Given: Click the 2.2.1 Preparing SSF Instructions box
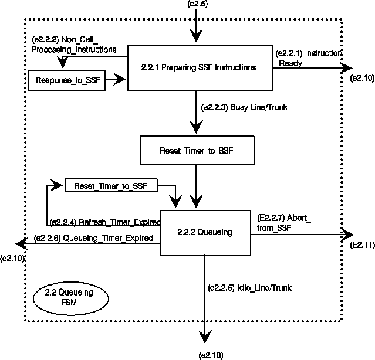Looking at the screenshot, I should (x=199, y=67).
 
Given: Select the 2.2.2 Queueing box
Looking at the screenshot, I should (x=205, y=233).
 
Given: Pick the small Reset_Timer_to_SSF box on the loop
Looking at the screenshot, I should (x=112, y=186).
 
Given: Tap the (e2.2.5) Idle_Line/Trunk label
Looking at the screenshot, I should (x=249, y=288).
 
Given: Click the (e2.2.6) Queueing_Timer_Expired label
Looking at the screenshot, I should (x=94, y=238).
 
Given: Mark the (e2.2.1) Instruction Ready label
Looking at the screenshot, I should (x=309, y=57).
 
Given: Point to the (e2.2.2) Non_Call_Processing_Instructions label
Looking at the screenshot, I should (x=73, y=45).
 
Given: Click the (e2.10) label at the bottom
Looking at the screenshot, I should (x=212, y=355).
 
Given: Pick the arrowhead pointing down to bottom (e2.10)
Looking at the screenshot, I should (x=205, y=337).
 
